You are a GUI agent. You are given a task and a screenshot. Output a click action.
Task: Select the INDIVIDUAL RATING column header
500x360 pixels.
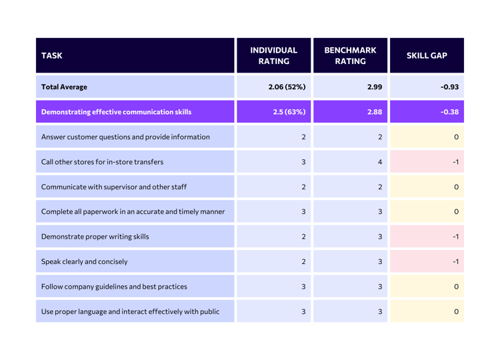coord(273,56)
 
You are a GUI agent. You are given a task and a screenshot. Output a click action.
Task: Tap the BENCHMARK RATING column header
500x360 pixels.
coord(351,56)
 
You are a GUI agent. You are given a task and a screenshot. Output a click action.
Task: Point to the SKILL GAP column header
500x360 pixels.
coord(427,56)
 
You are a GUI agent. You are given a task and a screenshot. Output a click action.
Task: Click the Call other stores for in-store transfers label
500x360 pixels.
coord(102,161)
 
